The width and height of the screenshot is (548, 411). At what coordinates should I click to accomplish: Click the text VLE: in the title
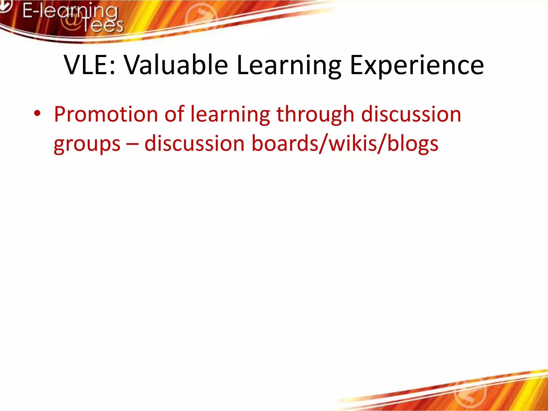click(x=90, y=65)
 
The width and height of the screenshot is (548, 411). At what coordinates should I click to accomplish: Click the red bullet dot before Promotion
click(x=37, y=114)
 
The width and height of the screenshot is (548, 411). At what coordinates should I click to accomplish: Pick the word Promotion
click(x=106, y=114)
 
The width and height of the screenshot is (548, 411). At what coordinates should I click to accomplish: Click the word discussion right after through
click(x=411, y=114)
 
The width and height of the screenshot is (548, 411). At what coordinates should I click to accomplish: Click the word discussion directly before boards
click(x=195, y=144)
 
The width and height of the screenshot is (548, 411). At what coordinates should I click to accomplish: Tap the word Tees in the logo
click(x=102, y=25)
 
